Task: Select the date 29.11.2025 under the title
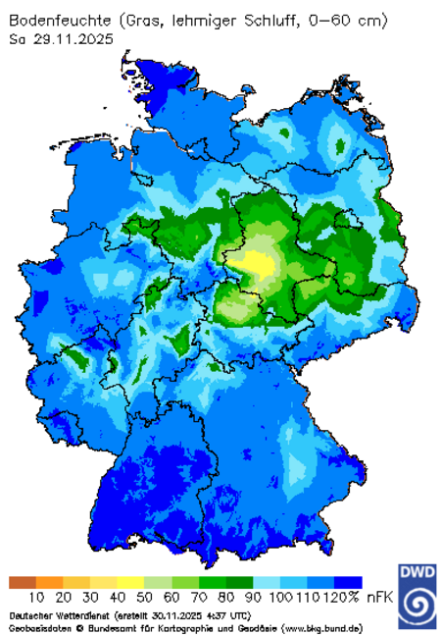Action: [x=71, y=39]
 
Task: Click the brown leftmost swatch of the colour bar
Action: [x=22, y=582]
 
